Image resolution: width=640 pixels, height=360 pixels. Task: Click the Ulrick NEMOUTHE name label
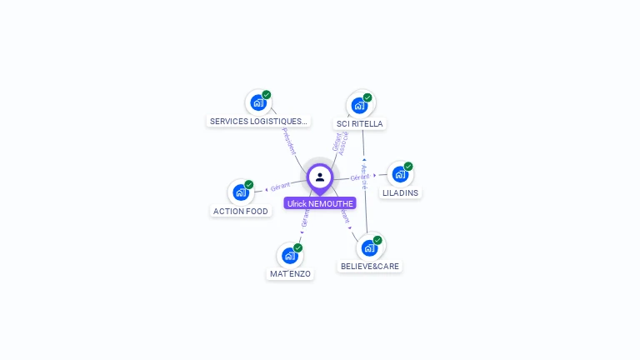(320, 203)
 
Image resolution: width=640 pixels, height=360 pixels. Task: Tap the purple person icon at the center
(320, 177)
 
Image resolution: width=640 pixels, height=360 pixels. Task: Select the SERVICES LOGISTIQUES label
(258, 121)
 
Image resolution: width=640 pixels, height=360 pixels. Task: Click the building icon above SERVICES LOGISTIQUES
(258, 103)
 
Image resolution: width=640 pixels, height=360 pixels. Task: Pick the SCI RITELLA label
(360, 123)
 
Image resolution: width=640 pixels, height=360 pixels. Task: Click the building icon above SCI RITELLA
(359, 105)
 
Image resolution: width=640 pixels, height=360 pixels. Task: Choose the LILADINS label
(400, 192)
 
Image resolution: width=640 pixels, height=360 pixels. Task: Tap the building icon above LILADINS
(400, 174)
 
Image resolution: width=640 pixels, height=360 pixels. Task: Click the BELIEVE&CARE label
(369, 267)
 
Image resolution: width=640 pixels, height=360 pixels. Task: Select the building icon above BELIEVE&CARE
(369, 247)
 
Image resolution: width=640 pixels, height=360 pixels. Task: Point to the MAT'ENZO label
(290, 273)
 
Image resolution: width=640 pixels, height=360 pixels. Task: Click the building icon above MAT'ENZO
(289, 255)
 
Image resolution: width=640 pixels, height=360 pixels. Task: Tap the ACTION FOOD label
(241, 211)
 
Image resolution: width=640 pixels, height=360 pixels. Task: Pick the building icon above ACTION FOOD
(241, 192)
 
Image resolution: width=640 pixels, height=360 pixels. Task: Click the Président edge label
(288, 141)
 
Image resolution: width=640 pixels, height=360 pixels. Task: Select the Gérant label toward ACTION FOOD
(280, 186)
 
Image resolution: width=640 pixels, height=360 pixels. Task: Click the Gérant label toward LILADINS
(360, 177)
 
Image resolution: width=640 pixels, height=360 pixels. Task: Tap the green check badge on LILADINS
(408, 166)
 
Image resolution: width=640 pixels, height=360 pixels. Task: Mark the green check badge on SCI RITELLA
(367, 97)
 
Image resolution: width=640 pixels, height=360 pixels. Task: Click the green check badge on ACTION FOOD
(249, 184)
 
